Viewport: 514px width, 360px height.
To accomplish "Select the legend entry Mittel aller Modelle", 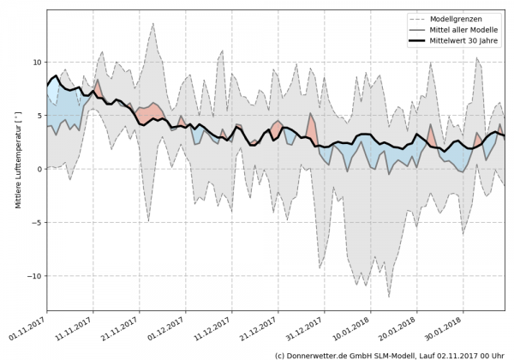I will coord(463,29).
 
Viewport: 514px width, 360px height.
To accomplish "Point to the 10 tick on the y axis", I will coord(36,63).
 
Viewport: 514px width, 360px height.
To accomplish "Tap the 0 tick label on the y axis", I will coord(39,169).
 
